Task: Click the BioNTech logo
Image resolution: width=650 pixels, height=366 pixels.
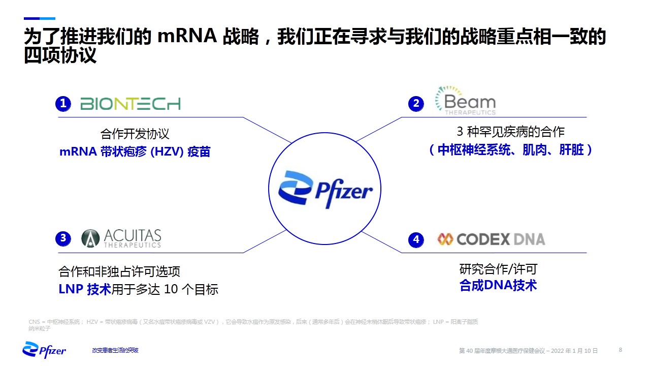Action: pyautogui.click(x=131, y=104)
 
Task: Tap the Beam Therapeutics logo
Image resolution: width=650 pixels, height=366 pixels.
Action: pyautogui.click(x=465, y=101)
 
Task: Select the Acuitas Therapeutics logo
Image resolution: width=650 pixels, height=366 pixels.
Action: pyautogui.click(x=121, y=238)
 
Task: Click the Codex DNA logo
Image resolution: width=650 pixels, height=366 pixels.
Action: pyautogui.click(x=491, y=239)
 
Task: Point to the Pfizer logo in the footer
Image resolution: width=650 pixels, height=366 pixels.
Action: pyautogui.click(x=44, y=350)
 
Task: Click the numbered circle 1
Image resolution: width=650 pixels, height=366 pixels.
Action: pyautogui.click(x=63, y=104)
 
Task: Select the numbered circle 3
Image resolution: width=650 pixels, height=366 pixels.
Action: pyautogui.click(x=63, y=238)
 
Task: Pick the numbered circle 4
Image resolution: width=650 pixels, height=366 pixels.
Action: pyautogui.click(x=416, y=239)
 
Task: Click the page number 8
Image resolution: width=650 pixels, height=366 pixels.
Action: pyautogui.click(x=621, y=350)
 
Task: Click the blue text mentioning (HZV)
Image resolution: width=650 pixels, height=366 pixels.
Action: pyautogui.click(x=135, y=151)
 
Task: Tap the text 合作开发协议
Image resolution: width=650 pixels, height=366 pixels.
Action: pyautogui.click(x=135, y=134)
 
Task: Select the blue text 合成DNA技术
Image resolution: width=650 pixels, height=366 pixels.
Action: pyautogui.click(x=498, y=286)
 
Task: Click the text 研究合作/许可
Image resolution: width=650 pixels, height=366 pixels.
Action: pyautogui.click(x=498, y=269)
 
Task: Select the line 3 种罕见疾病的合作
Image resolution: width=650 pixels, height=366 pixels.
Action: pyautogui.click(x=510, y=132)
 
